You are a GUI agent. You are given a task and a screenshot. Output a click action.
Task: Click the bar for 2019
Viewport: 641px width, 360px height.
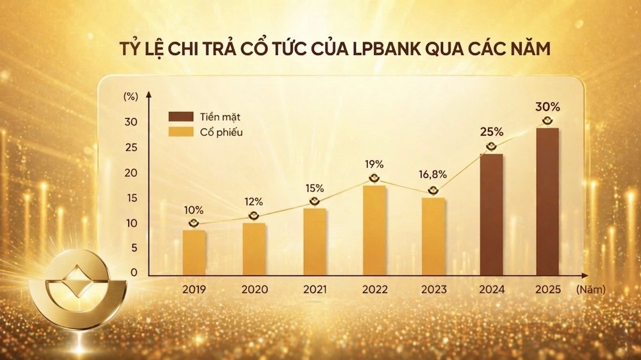tap(194, 253)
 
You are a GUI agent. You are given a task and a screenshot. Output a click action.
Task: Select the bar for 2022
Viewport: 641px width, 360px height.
tap(375, 230)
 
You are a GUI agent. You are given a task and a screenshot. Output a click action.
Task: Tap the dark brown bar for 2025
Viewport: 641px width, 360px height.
tap(548, 202)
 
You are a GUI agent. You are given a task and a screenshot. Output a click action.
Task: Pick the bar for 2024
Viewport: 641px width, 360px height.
tap(491, 215)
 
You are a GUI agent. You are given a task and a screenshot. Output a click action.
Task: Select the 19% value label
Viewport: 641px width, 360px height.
tap(374, 165)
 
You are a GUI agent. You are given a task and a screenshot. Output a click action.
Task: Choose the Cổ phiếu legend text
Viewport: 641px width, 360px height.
tap(221, 133)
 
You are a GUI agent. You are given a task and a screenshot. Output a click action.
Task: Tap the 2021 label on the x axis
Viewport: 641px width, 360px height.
tap(315, 289)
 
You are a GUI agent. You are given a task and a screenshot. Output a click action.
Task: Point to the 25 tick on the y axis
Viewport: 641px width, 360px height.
tap(131, 148)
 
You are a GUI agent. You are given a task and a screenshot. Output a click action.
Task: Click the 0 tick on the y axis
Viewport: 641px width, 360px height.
tap(134, 272)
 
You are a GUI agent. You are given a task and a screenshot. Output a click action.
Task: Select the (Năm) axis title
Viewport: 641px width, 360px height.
tap(590, 289)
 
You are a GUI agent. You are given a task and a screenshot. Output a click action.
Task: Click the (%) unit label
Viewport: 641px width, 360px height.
tap(131, 96)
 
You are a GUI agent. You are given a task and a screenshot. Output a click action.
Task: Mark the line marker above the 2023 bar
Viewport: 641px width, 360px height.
tap(433, 190)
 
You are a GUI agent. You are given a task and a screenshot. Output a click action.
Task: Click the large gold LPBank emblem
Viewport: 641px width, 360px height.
tap(78, 289)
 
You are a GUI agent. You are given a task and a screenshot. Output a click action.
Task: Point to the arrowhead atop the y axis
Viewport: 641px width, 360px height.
tap(149, 94)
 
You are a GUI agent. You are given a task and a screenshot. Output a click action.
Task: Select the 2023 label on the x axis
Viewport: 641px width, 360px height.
tap(434, 289)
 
